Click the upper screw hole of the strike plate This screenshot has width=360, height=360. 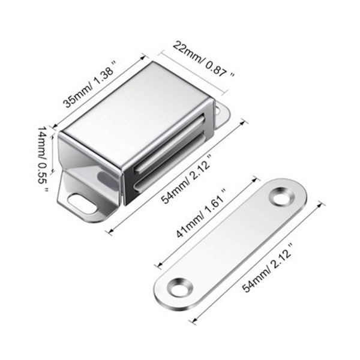282,197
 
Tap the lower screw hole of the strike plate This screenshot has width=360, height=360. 181,287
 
